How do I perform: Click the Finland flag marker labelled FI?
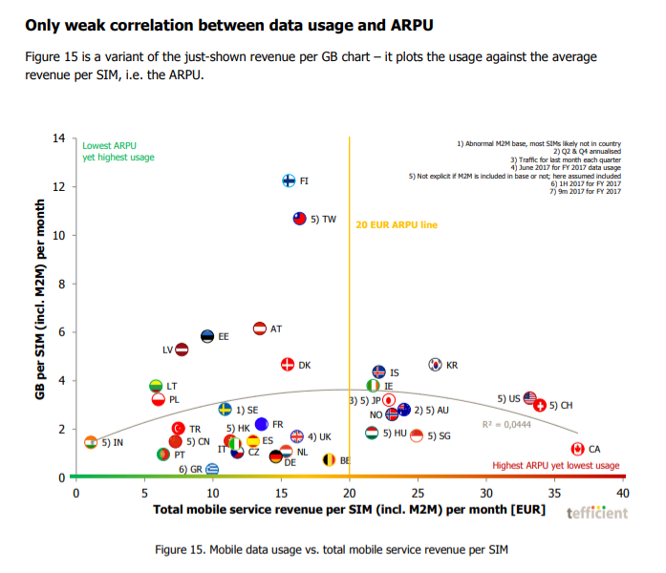pyautogui.click(x=290, y=180)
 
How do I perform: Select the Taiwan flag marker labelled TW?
pyautogui.click(x=299, y=219)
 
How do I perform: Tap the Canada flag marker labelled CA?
pyautogui.click(x=577, y=449)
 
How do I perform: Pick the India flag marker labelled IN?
pyautogui.click(x=91, y=442)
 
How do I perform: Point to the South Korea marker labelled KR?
pyautogui.click(x=435, y=364)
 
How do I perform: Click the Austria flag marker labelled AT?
pyautogui.click(x=259, y=329)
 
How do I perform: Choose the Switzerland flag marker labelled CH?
pyautogui.click(x=540, y=405)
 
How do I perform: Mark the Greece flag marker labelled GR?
pyautogui.click(x=212, y=469)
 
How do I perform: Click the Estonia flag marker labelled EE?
pyautogui.click(x=207, y=336)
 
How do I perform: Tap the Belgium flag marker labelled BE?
pyautogui.click(x=328, y=460)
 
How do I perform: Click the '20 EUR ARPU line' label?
pyautogui.click(x=397, y=224)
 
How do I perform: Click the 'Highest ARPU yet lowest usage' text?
pyautogui.click(x=555, y=465)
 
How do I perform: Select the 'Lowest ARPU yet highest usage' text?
pyautogui.click(x=118, y=152)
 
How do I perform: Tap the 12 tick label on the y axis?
pyautogui.click(x=59, y=186)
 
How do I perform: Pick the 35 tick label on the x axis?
pyautogui.click(x=554, y=494)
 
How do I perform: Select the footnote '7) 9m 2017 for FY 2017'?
pyautogui.click(x=586, y=192)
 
